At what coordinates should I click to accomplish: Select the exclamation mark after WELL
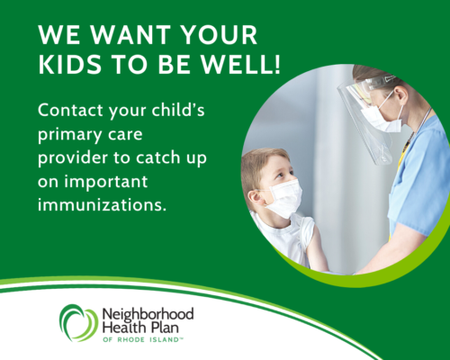pyautogui.click(x=276, y=65)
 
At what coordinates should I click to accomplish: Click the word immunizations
pyautogui.click(x=102, y=204)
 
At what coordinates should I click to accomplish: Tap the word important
pyautogui.click(x=106, y=182)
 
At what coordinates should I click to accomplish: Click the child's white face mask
pyautogui.click(x=285, y=199)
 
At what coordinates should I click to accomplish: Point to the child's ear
pyautogui.click(x=255, y=198)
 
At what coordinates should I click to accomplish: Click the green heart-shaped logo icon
pyautogui.click(x=78, y=323)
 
